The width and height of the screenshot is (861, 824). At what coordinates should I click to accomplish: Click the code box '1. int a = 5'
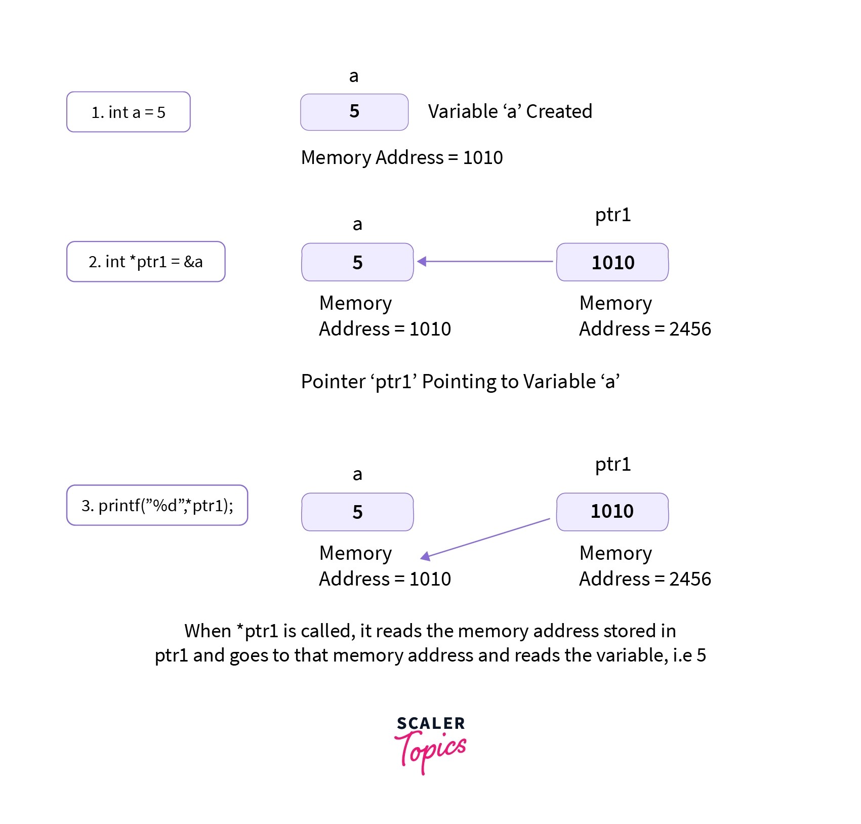pyautogui.click(x=128, y=112)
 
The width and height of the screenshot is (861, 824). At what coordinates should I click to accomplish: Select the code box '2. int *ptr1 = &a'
pyautogui.click(x=146, y=262)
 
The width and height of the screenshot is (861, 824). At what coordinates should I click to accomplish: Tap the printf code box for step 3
pyautogui.click(x=157, y=505)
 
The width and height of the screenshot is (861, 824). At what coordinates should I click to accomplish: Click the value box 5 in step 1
pyautogui.click(x=354, y=112)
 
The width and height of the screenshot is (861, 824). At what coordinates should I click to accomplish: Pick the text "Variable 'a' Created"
pyautogui.click(x=510, y=111)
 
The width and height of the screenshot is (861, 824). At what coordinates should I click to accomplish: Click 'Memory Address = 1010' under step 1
pyautogui.click(x=402, y=157)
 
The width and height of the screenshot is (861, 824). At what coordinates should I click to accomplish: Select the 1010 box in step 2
pyautogui.click(x=612, y=262)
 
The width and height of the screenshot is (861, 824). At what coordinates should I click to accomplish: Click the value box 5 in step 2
pyautogui.click(x=357, y=262)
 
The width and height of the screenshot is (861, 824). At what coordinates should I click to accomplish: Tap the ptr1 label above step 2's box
pyautogui.click(x=612, y=215)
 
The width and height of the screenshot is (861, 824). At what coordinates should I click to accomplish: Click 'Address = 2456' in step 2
pyautogui.click(x=645, y=329)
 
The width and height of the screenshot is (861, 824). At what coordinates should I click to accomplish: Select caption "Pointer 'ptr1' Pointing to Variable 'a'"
pyautogui.click(x=460, y=381)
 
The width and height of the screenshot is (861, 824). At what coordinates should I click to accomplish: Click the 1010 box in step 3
pyautogui.click(x=612, y=511)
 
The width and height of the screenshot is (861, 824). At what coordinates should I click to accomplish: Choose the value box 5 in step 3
pyautogui.click(x=357, y=512)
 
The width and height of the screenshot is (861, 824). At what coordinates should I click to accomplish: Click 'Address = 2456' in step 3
pyautogui.click(x=645, y=579)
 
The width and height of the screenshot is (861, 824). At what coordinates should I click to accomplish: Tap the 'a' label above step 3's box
pyautogui.click(x=357, y=474)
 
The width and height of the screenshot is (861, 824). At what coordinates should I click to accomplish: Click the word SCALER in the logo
pyautogui.click(x=430, y=723)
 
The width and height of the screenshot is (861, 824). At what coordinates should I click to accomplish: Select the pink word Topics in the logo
pyautogui.click(x=431, y=751)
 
